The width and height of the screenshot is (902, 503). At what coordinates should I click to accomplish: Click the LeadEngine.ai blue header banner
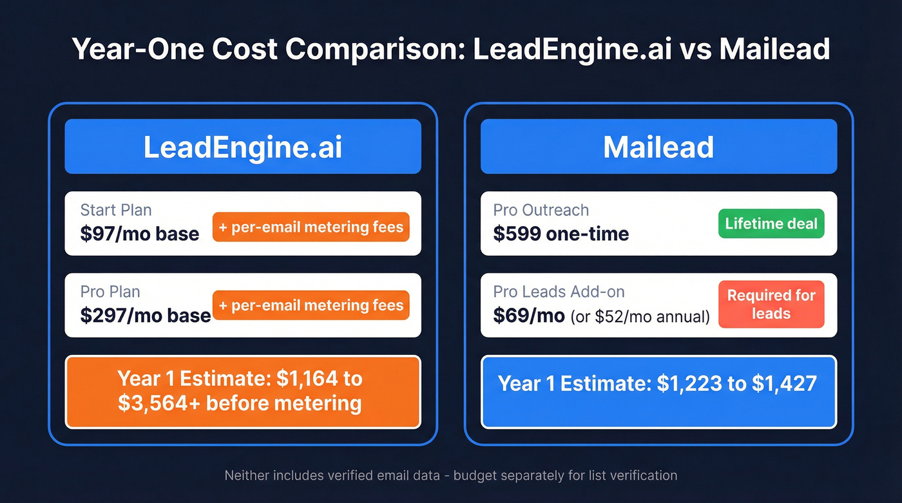[242, 147]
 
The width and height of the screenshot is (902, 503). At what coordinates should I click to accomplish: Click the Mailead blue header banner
[658, 147]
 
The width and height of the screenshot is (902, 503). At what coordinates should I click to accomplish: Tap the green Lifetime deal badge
[771, 224]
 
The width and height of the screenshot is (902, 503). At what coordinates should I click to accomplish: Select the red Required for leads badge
[771, 305]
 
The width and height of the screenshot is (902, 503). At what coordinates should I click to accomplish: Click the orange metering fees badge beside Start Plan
[311, 227]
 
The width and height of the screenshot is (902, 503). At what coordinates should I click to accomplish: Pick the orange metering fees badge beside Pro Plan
[311, 305]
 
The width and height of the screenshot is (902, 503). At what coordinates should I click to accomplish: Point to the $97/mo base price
[140, 234]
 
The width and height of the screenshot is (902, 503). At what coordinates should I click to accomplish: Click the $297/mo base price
[146, 315]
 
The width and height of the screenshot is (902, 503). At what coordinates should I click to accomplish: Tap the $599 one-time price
[561, 234]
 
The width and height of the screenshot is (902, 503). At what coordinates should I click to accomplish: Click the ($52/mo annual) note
[640, 316]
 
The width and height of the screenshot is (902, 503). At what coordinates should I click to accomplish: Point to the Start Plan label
[116, 210]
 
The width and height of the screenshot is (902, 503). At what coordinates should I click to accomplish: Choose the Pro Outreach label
[541, 210]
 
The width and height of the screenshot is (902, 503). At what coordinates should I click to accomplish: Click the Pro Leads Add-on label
[559, 292]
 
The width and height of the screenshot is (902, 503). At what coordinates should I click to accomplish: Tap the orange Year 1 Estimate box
[242, 392]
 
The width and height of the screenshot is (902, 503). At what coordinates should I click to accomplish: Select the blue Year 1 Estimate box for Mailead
[658, 392]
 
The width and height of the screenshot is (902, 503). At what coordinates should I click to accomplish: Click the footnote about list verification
[451, 476]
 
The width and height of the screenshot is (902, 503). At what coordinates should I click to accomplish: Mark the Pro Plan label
[110, 292]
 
